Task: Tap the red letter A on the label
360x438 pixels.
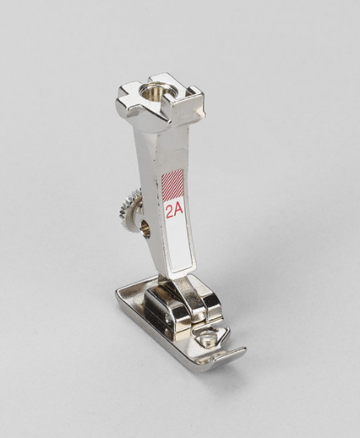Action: tap(178, 210)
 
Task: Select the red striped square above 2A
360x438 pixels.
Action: tap(173, 186)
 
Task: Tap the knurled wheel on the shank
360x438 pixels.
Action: tap(130, 204)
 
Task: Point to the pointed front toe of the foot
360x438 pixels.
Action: tap(245, 349)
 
